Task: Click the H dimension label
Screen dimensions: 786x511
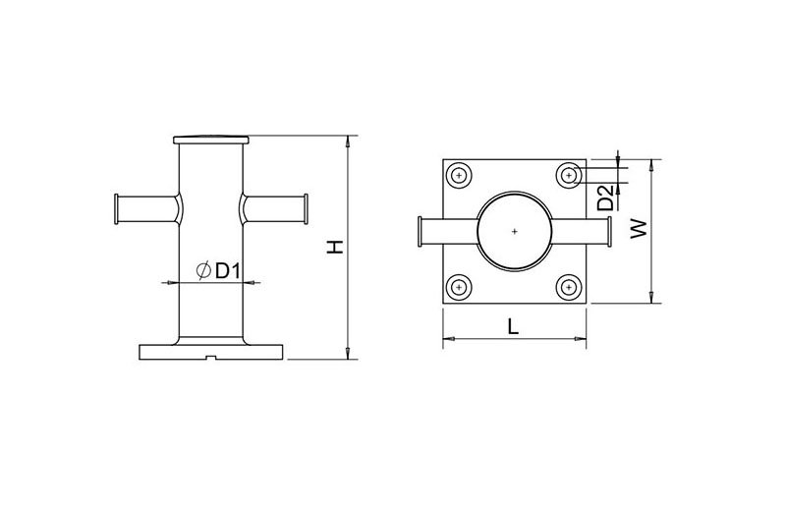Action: [x=335, y=247]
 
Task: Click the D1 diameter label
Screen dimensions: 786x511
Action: [x=228, y=271]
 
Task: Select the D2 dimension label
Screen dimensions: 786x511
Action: [x=606, y=198]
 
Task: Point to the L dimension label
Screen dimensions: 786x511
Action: [x=512, y=326]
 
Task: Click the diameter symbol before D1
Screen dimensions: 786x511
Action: [x=203, y=271]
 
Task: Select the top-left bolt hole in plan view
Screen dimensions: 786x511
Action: [x=459, y=176]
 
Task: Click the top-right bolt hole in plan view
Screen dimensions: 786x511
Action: [x=569, y=176]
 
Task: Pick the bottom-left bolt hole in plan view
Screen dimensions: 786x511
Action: [x=459, y=287]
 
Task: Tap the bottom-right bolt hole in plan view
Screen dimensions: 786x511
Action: [x=569, y=287]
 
